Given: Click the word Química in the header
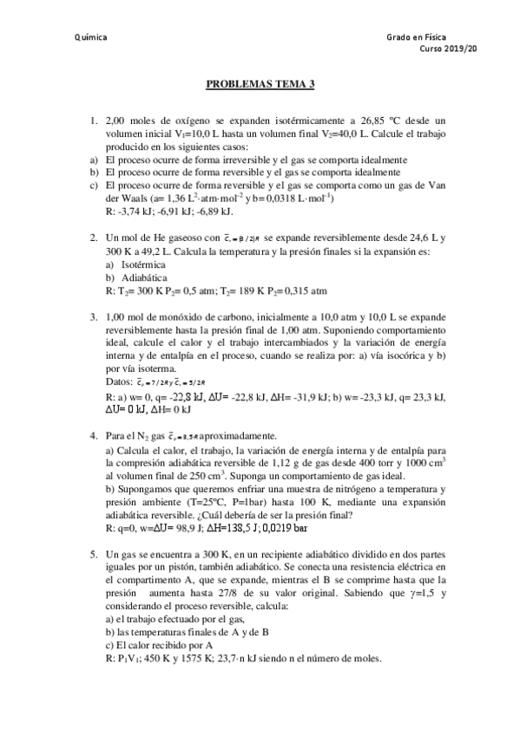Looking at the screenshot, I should [x=91, y=37].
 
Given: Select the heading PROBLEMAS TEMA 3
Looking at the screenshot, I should [x=260, y=84].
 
